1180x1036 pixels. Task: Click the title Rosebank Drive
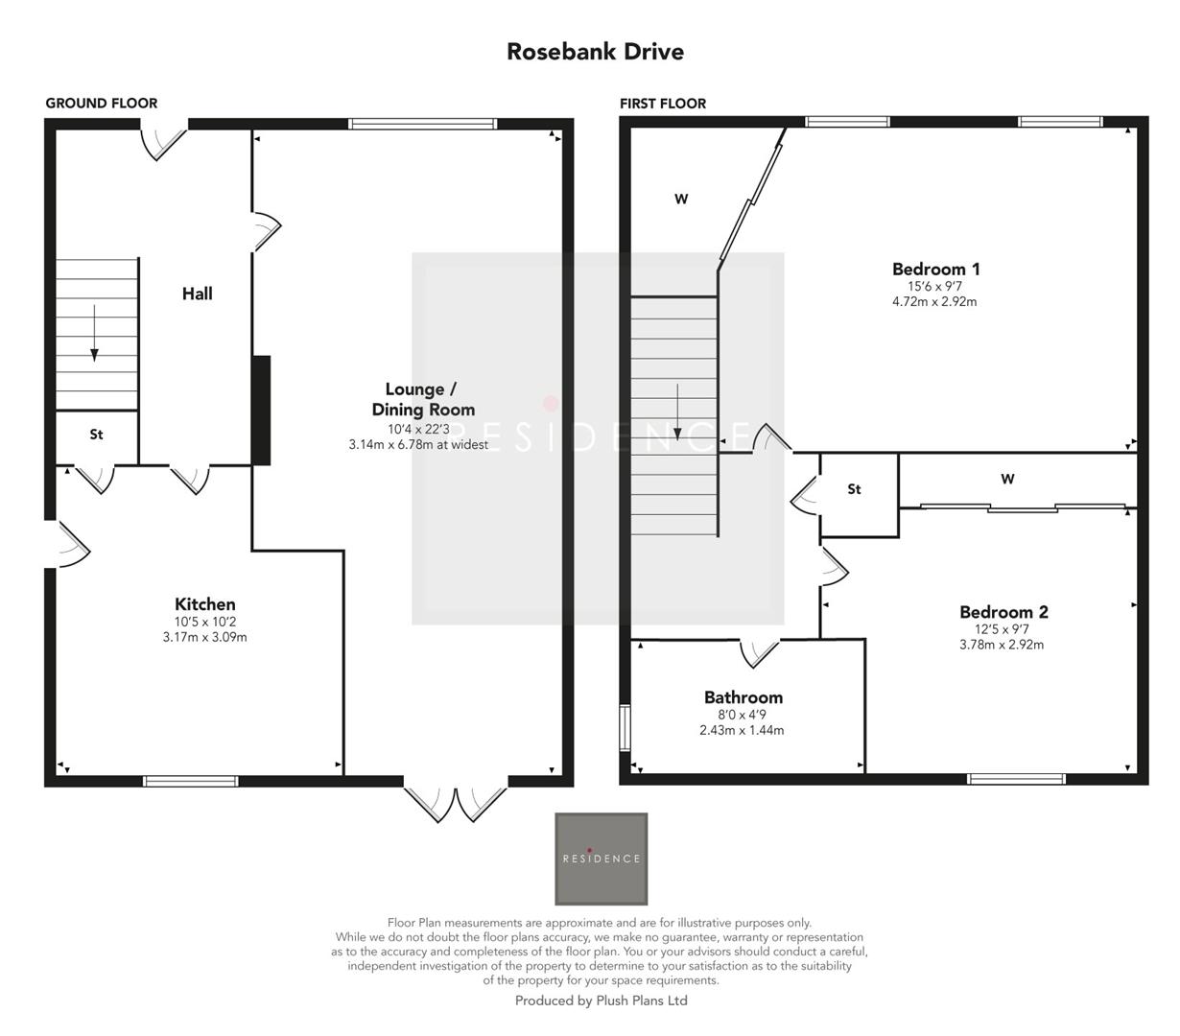[x=595, y=51]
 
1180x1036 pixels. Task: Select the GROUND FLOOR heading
[x=102, y=104]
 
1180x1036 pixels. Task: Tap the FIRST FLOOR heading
[x=663, y=104]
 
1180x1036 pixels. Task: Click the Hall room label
[x=198, y=294]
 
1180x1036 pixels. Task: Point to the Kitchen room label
[x=204, y=604]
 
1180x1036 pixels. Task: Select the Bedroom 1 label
[x=935, y=269]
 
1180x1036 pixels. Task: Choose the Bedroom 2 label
[x=1003, y=612]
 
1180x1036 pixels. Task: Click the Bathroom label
[x=743, y=697]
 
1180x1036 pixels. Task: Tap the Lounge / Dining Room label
[x=423, y=399]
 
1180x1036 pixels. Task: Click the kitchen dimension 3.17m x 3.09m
[x=204, y=637]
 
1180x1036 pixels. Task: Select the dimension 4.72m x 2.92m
[x=934, y=301]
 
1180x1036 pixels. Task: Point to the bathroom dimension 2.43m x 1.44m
[x=742, y=730]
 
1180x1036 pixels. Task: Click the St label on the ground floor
[x=96, y=435]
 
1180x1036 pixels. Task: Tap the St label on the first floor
[x=854, y=489]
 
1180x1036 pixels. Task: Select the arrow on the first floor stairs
[x=678, y=412]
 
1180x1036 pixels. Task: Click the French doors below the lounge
[x=455, y=802]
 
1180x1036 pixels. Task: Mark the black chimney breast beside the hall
[x=260, y=411]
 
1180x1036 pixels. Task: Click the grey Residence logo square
[x=601, y=859]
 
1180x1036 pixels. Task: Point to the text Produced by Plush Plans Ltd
[x=601, y=1001]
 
